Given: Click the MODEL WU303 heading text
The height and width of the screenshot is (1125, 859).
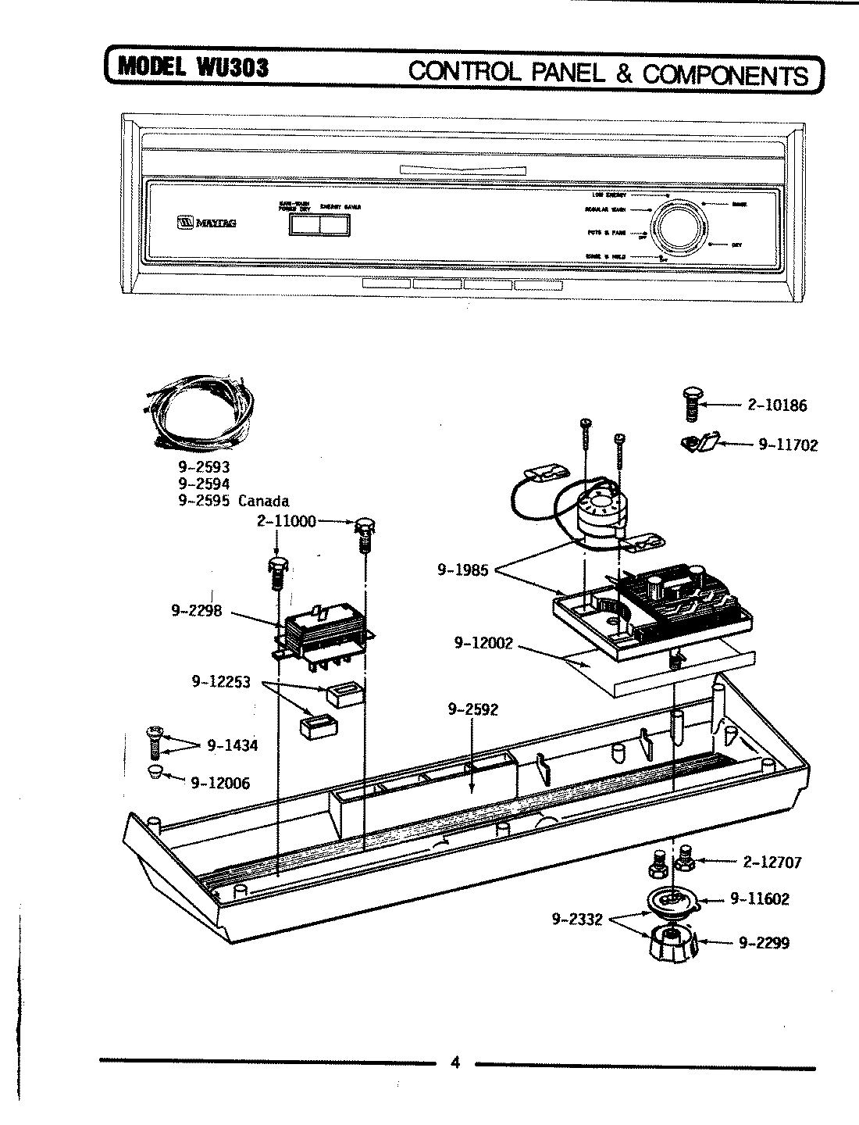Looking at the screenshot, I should [x=192, y=68].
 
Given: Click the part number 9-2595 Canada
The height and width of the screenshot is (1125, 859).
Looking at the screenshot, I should [x=233, y=501].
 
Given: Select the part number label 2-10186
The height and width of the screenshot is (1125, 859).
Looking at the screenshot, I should [x=777, y=405].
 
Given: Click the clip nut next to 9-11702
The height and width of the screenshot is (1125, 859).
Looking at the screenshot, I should [x=700, y=443].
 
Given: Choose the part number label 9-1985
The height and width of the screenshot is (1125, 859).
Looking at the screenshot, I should [x=462, y=570].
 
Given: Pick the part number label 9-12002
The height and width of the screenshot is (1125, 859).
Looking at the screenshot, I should [x=483, y=643].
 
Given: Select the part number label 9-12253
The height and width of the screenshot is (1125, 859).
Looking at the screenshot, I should [x=221, y=681].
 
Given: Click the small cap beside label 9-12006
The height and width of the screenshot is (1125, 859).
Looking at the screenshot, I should [x=155, y=773].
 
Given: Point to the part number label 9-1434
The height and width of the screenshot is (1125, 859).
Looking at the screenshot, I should [x=232, y=745].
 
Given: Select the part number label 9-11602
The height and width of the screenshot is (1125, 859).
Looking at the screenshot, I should [x=759, y=899].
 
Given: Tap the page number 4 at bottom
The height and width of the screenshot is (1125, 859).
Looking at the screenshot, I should [x=456, y=1062].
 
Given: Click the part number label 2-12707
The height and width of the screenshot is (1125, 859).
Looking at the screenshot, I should [x=772, y=862].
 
